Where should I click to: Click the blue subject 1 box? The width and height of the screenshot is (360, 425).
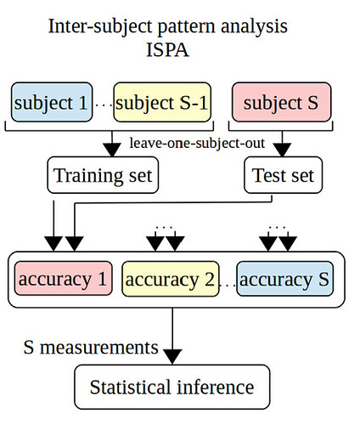pyautogui.click(x=52, y=102)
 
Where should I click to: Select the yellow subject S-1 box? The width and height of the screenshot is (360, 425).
pyautogui.click(x=162, y=102)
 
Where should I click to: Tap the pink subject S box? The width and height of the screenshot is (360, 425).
pyautogui.click(x=281, y=102)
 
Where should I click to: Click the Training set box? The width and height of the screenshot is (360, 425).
pyautogui.click(x=103, y=175)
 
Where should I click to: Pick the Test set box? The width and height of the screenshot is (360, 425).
pyautogui.click(x=283, y=175)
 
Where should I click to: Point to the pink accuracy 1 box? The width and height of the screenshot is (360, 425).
pyautogui.click(x=63, y=279)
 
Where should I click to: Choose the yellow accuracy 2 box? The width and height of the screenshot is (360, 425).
pyautogui.click(x=171, y=279)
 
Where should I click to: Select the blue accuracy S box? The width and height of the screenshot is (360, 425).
pyautogui.click(x=284, y=279)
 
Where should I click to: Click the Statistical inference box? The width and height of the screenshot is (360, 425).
pyautogui.click(x=172, y=387)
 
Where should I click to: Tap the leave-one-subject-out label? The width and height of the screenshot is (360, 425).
pyautogui.click(x=197, y=143)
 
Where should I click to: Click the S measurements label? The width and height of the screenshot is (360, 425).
pyautogui.click(x=91, y=348)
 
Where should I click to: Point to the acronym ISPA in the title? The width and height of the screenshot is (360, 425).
pyautogui.click(x=167, y=50)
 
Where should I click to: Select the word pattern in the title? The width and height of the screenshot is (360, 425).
pyautogui.click(x=187, y=27)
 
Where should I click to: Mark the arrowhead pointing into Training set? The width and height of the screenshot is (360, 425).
pyautogui.click(x=112, y=150)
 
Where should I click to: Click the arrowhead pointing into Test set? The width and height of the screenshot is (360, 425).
pyautogui.click(x=282, y=150)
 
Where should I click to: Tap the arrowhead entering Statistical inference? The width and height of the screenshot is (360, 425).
pyautogui.click(x=172, y=357)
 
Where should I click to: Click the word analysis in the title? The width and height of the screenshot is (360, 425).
pyautogui.click(x=254, y=27)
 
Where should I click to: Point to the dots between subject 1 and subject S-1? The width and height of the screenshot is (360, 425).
pyautogui.click(x=103, y=105)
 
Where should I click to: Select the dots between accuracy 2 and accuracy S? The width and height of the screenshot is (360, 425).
pyautogui.click(x=228, y=286)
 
